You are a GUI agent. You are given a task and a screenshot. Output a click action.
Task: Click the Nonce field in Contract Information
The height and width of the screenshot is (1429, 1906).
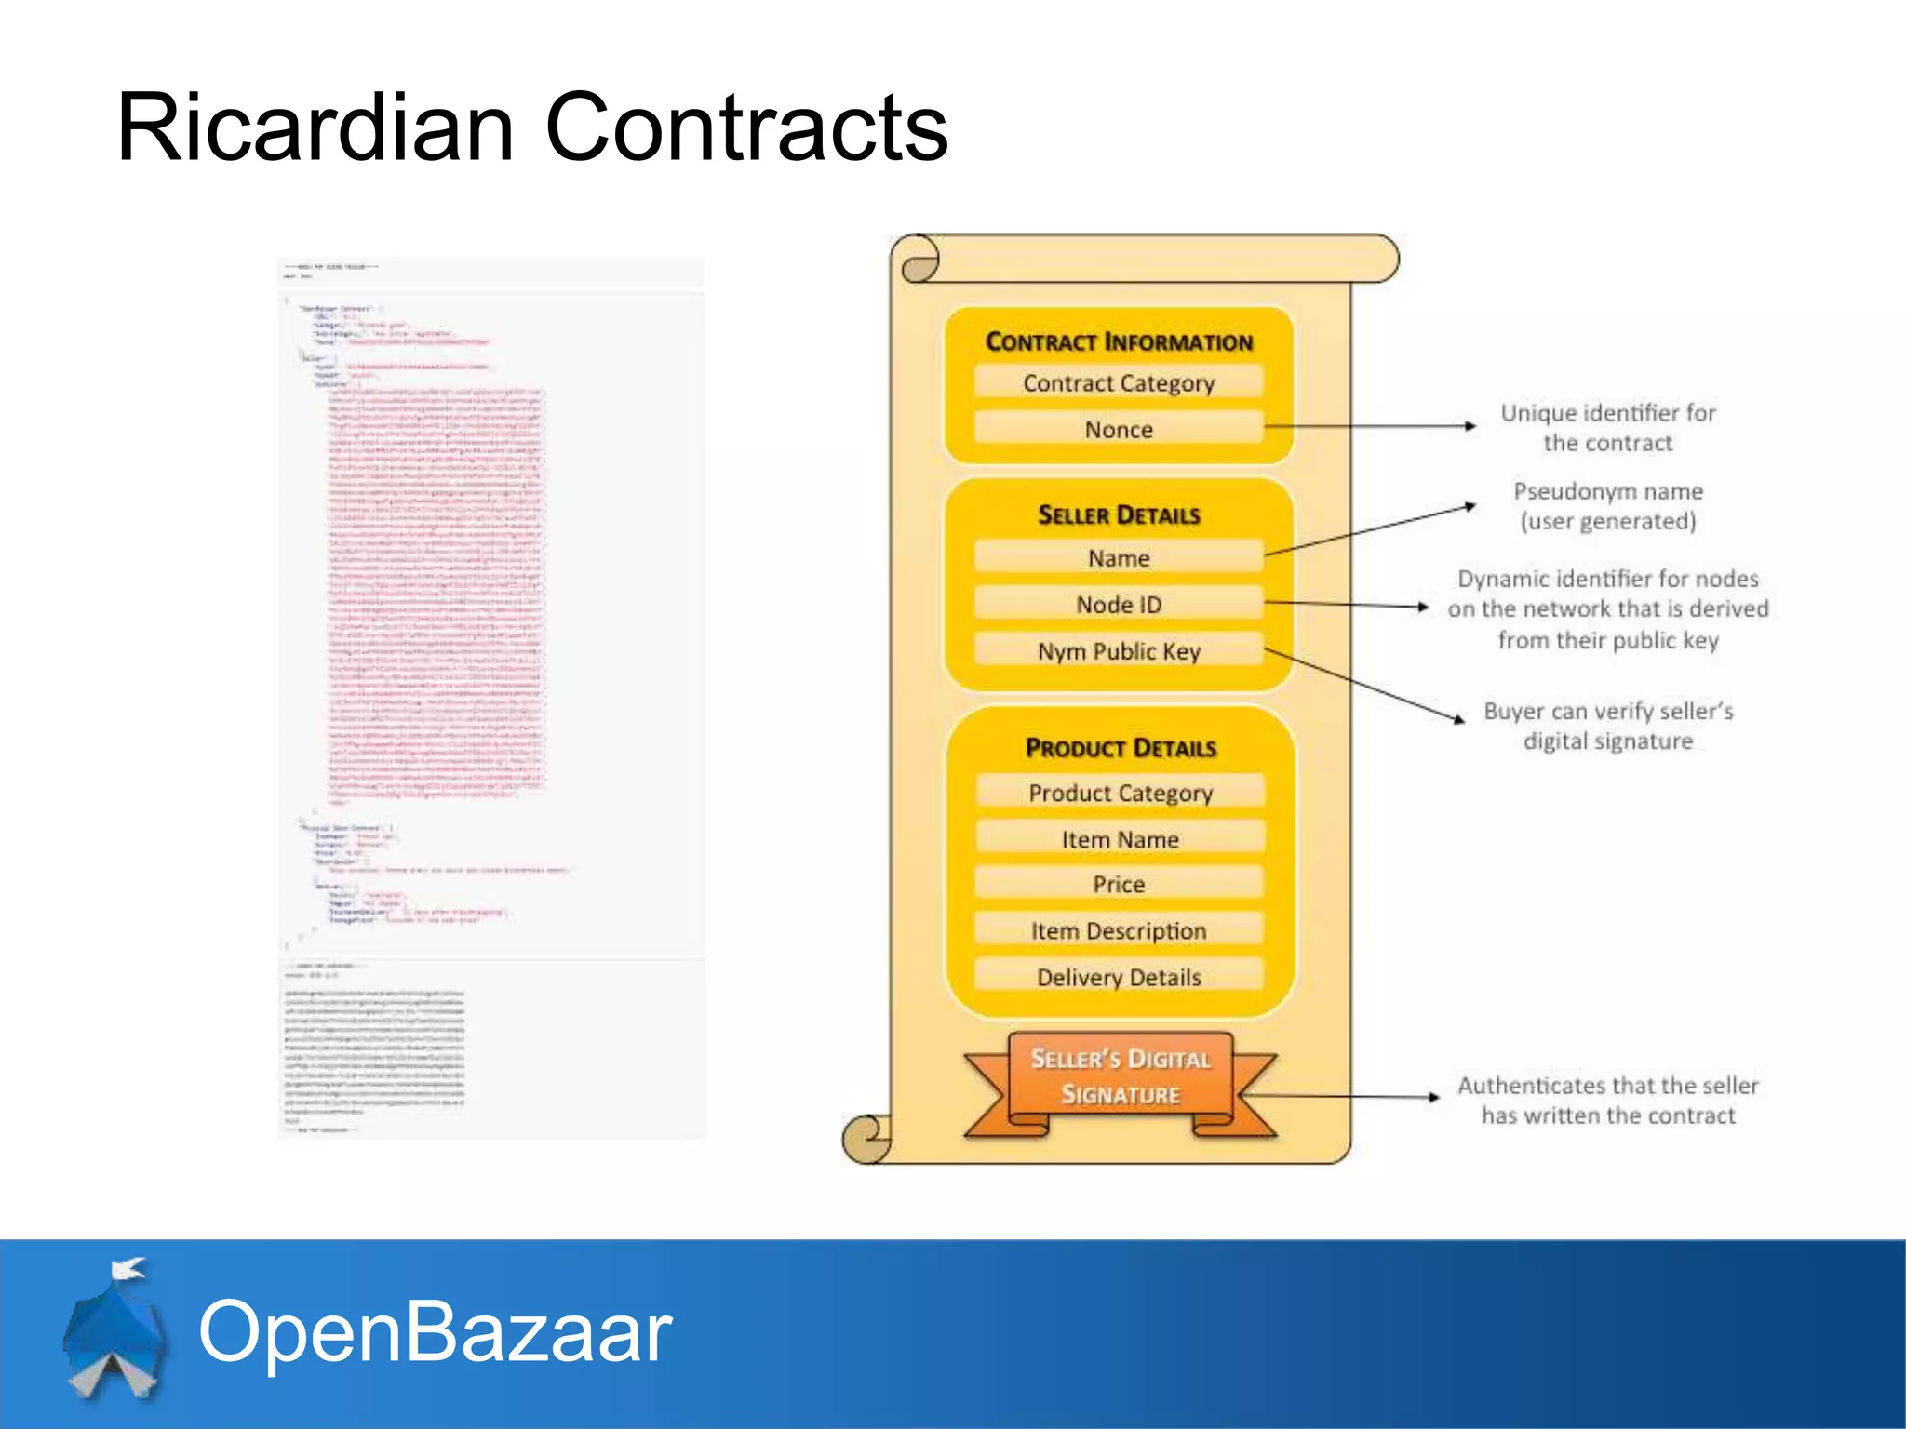(1119, 429)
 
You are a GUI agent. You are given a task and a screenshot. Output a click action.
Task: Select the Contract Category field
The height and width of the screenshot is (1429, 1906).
(1119, 382)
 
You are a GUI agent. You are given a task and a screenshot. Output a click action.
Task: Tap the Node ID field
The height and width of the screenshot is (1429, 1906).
(1119, 604)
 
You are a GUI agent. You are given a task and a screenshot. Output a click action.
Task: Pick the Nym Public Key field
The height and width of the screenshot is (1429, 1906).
(1119, 650)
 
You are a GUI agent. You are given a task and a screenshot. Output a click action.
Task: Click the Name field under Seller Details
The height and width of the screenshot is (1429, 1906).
(1119, 557)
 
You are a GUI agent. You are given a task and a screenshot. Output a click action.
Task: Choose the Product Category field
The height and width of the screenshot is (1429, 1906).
(1121, 793)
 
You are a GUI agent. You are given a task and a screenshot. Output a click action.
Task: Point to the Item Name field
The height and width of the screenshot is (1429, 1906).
(1121, 839)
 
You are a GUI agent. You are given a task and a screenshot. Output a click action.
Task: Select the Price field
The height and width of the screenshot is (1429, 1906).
(1119, 884)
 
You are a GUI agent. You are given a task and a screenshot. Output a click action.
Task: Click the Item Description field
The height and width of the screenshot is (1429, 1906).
(1119, 930)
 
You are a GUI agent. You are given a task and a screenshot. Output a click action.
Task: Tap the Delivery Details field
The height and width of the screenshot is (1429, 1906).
(1119, 977)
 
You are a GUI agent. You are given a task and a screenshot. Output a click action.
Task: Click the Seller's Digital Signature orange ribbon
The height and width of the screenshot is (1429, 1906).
(1121, 1077)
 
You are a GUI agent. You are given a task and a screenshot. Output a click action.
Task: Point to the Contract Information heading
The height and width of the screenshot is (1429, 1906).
(1119, 341)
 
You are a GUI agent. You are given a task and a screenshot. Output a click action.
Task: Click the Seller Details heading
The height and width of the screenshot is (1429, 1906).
(1119, 514)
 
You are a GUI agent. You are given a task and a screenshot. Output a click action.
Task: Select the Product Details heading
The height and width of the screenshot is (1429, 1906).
(1121, 748)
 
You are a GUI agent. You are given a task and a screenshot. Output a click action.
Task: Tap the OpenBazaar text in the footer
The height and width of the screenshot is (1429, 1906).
(435, 1331)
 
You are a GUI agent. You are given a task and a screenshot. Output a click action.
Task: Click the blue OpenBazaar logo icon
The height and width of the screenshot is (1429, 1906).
(114, 1330)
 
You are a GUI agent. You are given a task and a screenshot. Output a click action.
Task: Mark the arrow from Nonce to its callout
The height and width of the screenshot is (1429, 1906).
(1368, 427)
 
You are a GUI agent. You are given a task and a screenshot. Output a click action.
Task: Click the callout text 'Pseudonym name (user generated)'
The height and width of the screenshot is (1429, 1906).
(1607, 506)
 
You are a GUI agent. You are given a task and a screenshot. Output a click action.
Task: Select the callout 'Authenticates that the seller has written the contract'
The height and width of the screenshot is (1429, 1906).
(1607, 1100)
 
